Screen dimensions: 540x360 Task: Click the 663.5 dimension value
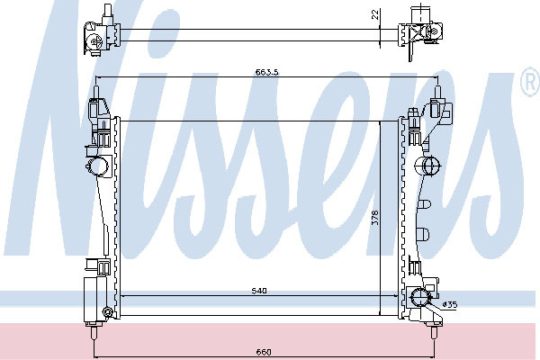(266, 72)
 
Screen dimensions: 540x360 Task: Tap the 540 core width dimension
(259, 291)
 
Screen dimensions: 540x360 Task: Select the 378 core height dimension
(375, 218)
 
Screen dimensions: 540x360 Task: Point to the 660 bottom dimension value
(264, 352)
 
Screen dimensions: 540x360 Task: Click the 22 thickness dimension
(375, 14)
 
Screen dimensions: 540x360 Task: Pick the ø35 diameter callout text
(450, 304)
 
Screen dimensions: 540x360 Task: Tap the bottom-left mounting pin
(94, 332)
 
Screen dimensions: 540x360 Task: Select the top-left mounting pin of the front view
(96, 93)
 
